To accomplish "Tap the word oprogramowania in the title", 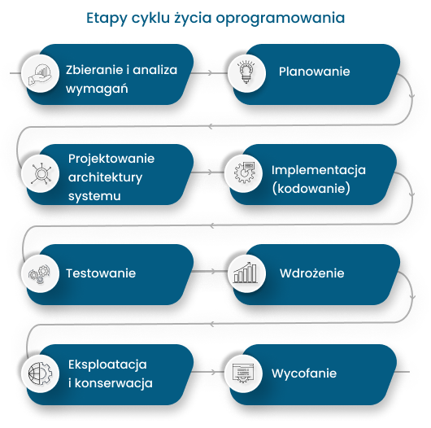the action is (x=280, y=19).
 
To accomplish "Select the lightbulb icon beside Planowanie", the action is (x=246, y=72).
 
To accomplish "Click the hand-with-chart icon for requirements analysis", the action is (x=40, y=74).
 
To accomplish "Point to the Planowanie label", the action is (x=314, y=72).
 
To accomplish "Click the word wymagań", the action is (x=97, y=89).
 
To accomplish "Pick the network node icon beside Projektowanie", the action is (x=41, y=174).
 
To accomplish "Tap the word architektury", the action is (x=105, y=177).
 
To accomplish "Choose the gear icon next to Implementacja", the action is (x=244, y=173).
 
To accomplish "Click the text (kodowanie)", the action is (x=311, y=189).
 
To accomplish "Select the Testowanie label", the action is (x=101, y=273).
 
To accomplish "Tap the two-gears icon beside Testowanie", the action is (x=40, y=273).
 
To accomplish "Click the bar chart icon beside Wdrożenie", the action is (x=246, y=273).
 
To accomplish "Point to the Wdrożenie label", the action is (x=311, y=273).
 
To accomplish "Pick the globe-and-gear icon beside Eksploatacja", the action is (x=40, y=373).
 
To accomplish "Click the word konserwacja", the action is (x=114, y=383).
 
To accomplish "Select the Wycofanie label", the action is (x=304, y=373).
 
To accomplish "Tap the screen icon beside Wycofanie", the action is (x=243, y=373).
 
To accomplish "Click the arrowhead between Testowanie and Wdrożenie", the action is (x=212, y=271).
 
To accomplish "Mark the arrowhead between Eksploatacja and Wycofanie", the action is (x=212, y=372).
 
